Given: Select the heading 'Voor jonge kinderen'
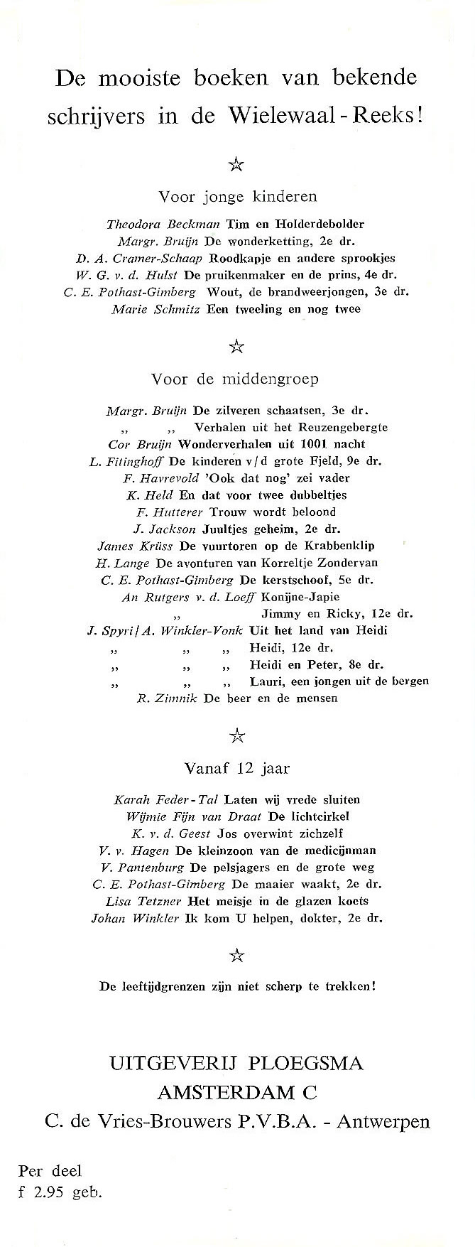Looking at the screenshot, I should [x=237, y=197].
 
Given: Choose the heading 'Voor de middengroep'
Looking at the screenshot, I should [x=235, y=379].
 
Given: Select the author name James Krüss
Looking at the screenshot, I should [x=126, y=546].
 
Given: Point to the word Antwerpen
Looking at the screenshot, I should [x=383, y=1122].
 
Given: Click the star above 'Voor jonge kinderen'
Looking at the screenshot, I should [x=236, y=166].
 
